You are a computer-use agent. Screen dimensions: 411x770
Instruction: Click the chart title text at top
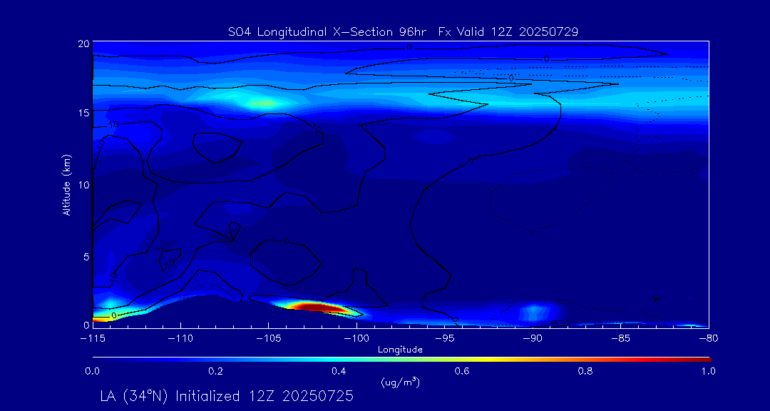[x=403, y=32]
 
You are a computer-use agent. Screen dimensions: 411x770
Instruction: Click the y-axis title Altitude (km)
[x=67, y=184]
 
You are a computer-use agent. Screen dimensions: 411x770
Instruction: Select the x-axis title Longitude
[x=400, y=350]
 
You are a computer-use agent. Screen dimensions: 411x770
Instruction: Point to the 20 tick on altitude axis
[x=83, y=44]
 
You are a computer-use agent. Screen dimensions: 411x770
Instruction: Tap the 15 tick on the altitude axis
[x=83, y=113]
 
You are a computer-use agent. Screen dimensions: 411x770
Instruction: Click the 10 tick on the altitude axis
[x=83, y=185]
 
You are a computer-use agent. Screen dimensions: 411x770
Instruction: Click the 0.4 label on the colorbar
[x=339, y=371]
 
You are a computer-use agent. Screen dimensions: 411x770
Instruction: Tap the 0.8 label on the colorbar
[x=586, y=371]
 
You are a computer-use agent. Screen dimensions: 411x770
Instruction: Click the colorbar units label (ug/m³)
[x=400, y=382]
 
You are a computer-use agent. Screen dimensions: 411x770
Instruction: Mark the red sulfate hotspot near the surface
[x=314, y=307]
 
